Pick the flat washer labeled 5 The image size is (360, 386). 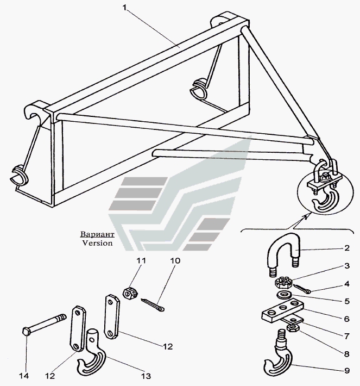(x=282, y=295)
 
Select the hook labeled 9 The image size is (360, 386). (x=281, y=361)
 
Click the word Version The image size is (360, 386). (x=98, y=244)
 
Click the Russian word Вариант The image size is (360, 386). (x=97, y=235)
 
